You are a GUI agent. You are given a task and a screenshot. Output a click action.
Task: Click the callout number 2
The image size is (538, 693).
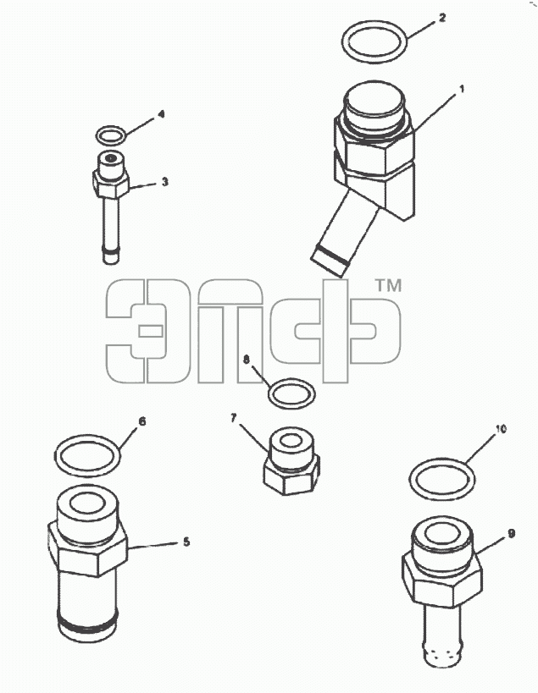441,18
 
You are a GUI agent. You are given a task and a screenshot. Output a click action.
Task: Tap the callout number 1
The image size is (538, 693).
462,90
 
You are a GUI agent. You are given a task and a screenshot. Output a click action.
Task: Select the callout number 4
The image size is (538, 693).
161,114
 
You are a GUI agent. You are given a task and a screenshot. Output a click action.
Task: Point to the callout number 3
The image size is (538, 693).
164,182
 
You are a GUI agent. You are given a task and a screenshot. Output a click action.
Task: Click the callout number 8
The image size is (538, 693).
247,360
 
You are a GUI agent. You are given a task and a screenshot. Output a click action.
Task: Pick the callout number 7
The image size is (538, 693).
234,418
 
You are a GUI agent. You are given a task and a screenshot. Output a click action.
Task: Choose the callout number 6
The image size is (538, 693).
142,421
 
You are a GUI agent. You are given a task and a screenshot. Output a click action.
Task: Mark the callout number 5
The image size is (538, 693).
186,542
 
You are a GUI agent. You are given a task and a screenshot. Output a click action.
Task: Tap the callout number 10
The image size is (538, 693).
501,429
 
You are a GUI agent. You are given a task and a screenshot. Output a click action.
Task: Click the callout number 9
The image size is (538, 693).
512,534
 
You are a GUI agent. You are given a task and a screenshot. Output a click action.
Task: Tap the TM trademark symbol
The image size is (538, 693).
388,285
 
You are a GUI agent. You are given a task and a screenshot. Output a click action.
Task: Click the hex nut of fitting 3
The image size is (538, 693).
111,185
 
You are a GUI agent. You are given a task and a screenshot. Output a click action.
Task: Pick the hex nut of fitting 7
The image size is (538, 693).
291,477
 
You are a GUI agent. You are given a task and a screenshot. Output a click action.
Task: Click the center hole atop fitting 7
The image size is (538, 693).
291,441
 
